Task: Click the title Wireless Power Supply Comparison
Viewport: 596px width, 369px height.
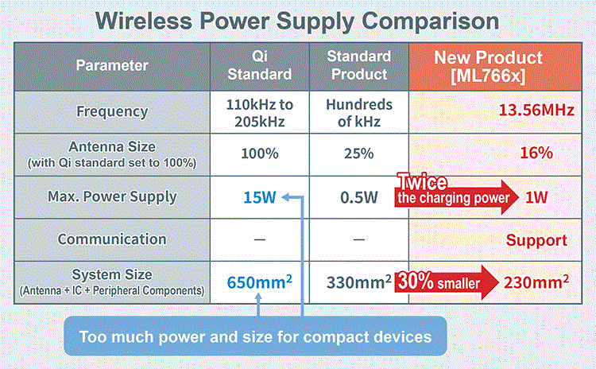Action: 297,21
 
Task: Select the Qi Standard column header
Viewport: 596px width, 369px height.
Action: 260,65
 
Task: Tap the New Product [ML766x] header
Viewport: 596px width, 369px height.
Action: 488,67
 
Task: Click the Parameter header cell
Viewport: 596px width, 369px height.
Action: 112,65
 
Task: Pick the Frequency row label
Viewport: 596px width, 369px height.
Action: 112,112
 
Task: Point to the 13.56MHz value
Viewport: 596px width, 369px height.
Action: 536,110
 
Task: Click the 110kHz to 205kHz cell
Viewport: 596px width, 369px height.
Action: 260,113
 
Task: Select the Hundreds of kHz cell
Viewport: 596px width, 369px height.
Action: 359,113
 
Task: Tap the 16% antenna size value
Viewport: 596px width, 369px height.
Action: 536,153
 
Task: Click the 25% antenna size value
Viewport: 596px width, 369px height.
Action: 359,153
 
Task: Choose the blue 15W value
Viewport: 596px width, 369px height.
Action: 260,197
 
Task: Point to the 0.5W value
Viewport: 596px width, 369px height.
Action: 359,197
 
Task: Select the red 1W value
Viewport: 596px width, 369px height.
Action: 536,197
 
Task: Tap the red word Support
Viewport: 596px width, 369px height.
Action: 536,240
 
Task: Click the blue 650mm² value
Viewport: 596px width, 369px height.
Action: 260,282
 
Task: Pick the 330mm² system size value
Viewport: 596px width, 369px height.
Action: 359,282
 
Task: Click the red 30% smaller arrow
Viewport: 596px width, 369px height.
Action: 447,282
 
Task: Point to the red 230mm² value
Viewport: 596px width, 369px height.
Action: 536,282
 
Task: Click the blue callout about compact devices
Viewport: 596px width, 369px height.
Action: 255,336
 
